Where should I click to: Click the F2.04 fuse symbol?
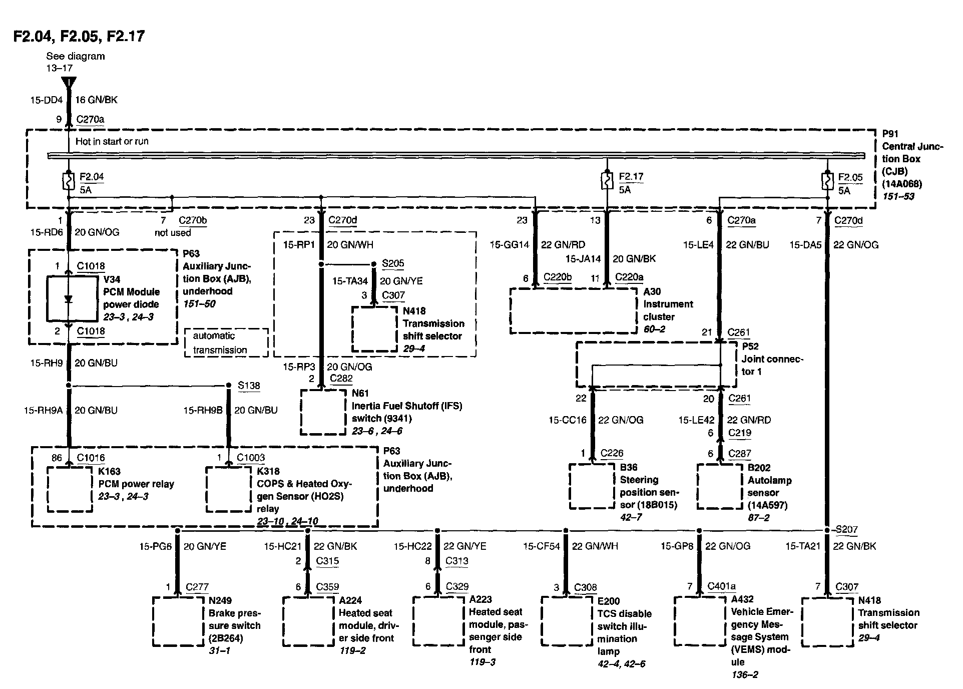click(x=69, y=181)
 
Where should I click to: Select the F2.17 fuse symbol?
click(x=607, y=181)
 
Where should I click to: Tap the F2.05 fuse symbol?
click(x=827, y=181)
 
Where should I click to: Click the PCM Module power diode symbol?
click(x=69, y=299)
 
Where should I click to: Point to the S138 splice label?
click(x=249, y=386)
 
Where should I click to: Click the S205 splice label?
click(x=393, y=263)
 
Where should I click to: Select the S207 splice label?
click(x=846, y=529)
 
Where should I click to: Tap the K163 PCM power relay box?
click(x=70, y=489)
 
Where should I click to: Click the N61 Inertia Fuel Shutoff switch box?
click(x=323, y=412)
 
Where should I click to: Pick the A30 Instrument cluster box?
click(x=573, y=310)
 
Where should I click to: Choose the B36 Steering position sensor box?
click(x=592, y=486)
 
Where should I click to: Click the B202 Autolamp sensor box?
click(x=720, y=486)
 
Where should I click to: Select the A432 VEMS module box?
click(x=698, y=621)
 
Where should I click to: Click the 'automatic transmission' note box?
click(x=226, y=342)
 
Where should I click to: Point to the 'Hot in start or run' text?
click(x=112, y=141)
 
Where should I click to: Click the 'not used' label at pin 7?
click(x=173, y=232)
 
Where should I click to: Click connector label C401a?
click(x=721, y=586)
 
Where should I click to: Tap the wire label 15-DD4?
click(x=47, y=100)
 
